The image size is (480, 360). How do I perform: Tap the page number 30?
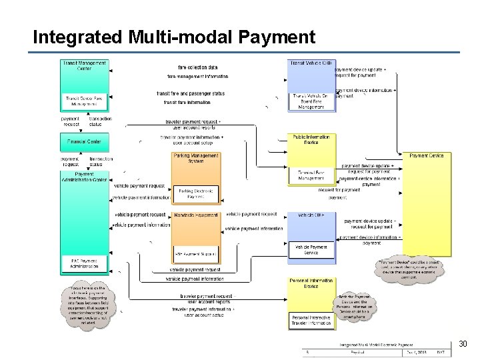(463, 344)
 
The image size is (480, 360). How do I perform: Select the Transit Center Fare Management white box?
(84, 101)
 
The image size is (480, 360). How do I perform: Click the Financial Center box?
(84, 142)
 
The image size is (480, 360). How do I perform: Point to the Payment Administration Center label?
(84, 177)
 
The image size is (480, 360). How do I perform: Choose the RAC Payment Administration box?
(84, 263)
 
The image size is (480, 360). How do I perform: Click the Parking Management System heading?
(196, 158)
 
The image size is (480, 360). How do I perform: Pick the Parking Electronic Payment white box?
(196, 193)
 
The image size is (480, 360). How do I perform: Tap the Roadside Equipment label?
(196, 215)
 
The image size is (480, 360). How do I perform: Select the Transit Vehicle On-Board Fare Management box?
(311, 101)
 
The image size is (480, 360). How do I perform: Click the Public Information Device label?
(311, 139)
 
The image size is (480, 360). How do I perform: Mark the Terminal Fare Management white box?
(311, 175)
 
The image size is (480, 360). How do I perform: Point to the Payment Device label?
(427, 156)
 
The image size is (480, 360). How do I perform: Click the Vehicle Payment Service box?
(311, 249)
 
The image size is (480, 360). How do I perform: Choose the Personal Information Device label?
(311, 283)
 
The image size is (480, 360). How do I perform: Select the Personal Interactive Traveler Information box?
(311, 321)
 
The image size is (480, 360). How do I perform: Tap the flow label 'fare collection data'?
(197, 67)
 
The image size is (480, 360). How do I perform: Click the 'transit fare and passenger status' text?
(191, 93)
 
